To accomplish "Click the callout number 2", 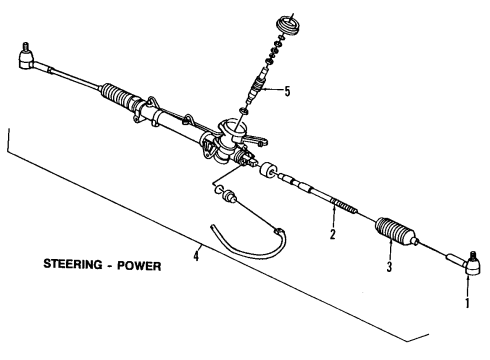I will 332,236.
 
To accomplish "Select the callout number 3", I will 389,268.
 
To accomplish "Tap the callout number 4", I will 196,255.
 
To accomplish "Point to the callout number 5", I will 287,92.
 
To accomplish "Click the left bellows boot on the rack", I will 125,101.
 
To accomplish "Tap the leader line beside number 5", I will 274,91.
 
